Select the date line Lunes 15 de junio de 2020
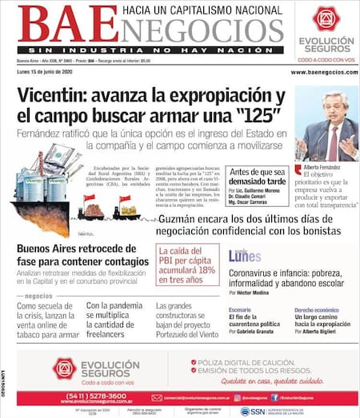[x=50, y=73]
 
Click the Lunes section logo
[x=244, y=257]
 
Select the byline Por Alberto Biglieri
[x=318, y=330]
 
